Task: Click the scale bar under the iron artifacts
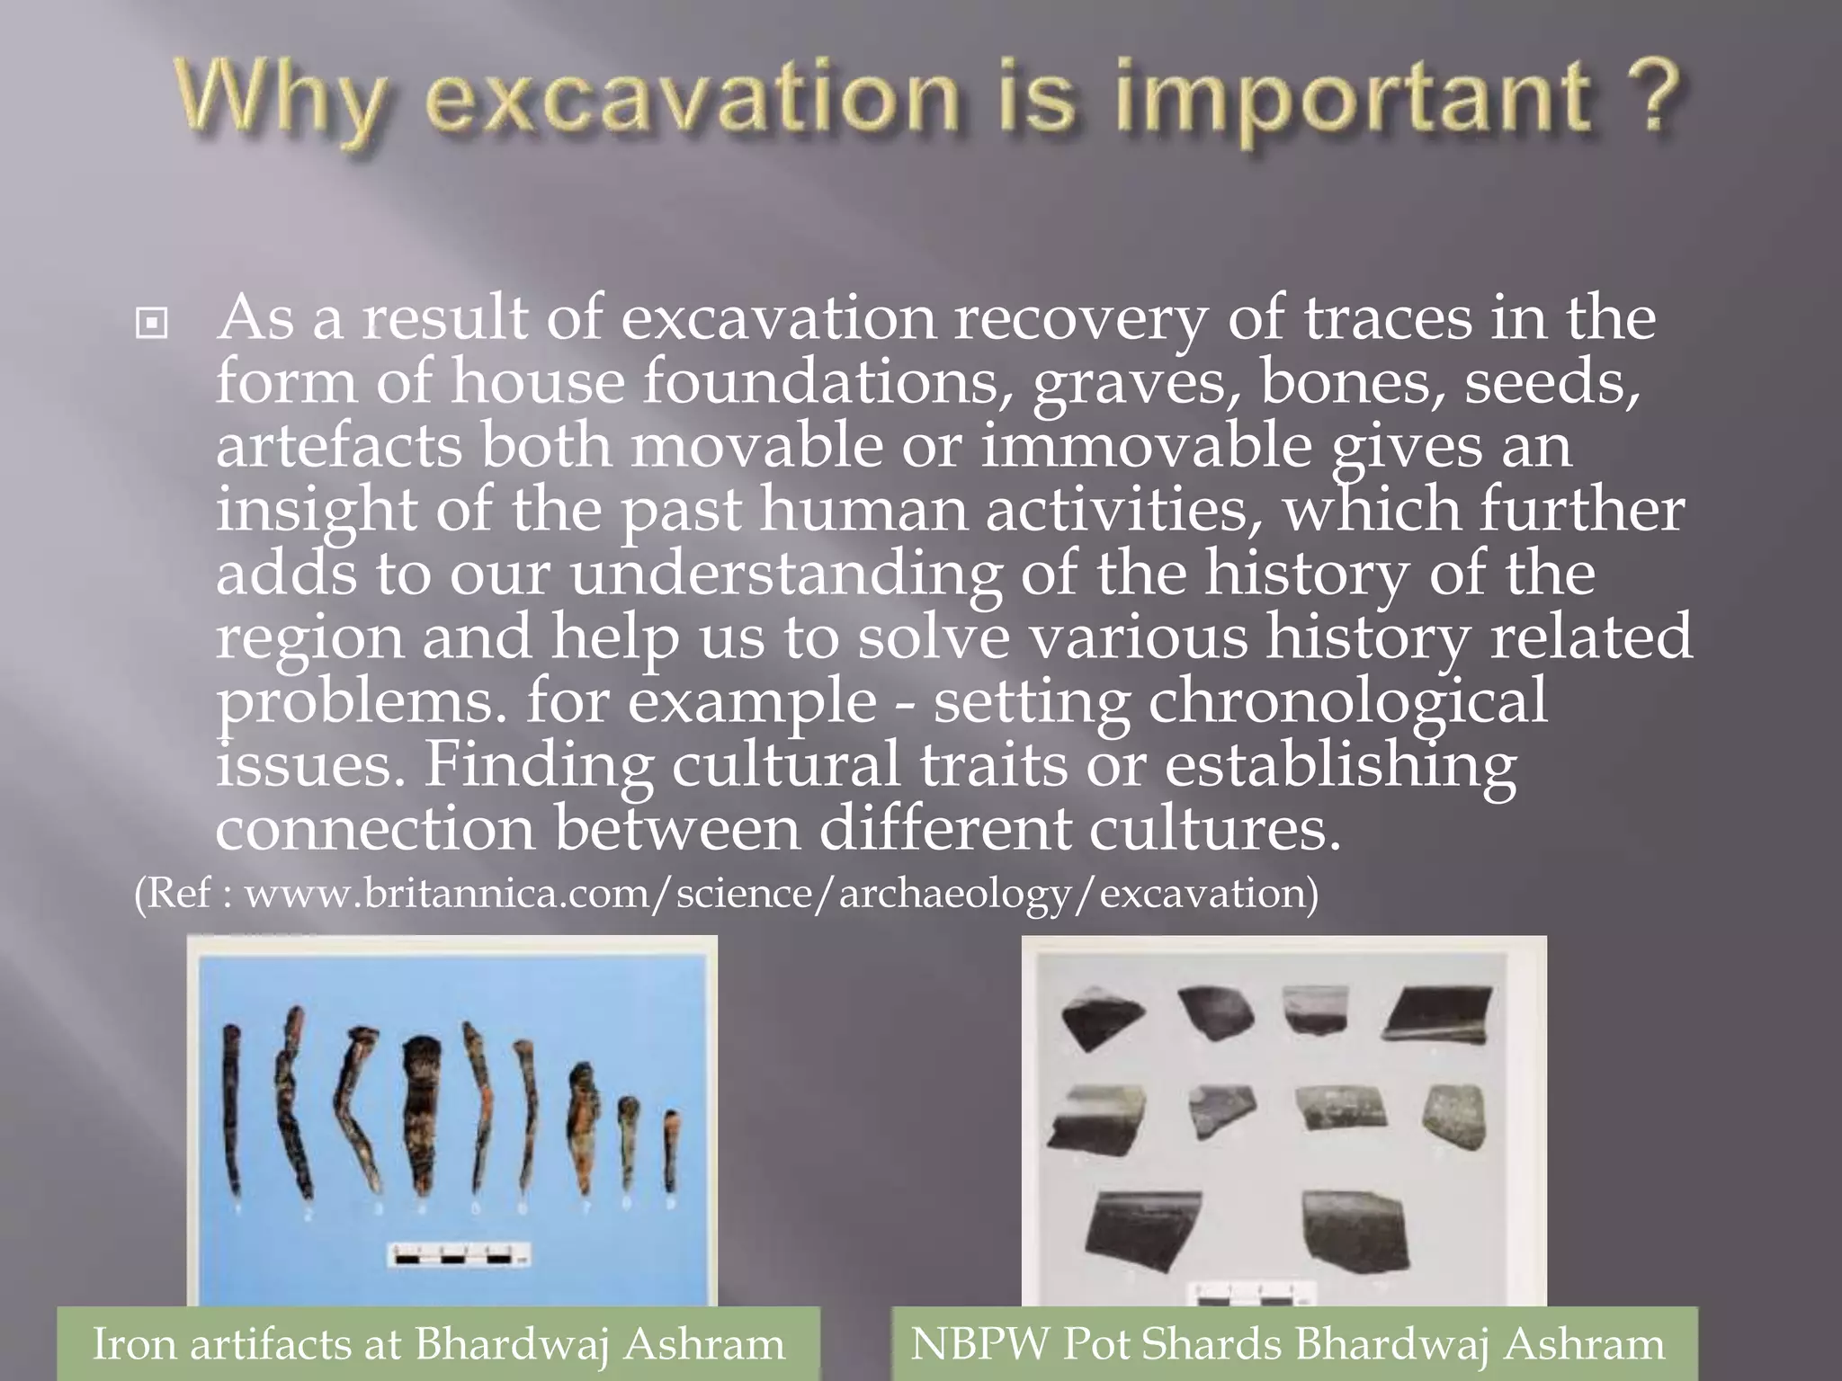(459, 1255)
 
